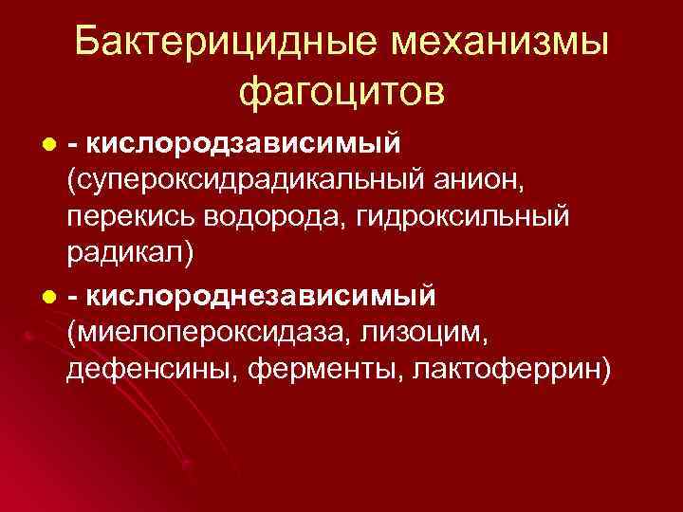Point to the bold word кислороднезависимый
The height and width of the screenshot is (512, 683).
point(260,296)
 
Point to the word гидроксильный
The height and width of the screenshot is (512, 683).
point(464,216)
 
